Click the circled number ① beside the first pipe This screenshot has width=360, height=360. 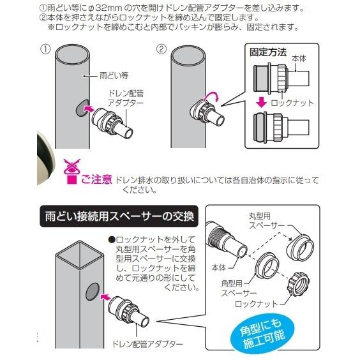click(x=45, y=49)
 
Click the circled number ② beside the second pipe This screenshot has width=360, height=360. click(x=161, y=49)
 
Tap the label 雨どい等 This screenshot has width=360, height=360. click(x=114, y=75)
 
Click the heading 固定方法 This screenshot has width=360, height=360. click(x=268, y=52)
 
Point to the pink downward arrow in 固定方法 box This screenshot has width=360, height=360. click(x=261, y=102)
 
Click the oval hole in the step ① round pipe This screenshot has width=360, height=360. click(x=82, y=108)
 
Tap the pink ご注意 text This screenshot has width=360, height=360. click(x=96, y=179)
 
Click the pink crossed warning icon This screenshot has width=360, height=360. click(x=72, y=171)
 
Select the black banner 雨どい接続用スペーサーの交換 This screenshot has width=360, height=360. click(x=119, y=216)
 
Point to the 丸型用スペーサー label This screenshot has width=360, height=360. click(x=267, y=221)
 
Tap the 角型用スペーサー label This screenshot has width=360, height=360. click(x=239, y=289)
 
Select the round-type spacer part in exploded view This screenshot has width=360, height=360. click(x=300, y=247)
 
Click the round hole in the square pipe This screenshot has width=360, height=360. click(x=93, y=292)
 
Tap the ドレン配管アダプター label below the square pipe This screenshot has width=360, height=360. click(x=147, y=343)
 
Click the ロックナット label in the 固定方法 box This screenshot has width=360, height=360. click(x=292, y=103)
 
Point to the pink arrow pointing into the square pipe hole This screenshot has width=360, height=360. click(x=106, y=297)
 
